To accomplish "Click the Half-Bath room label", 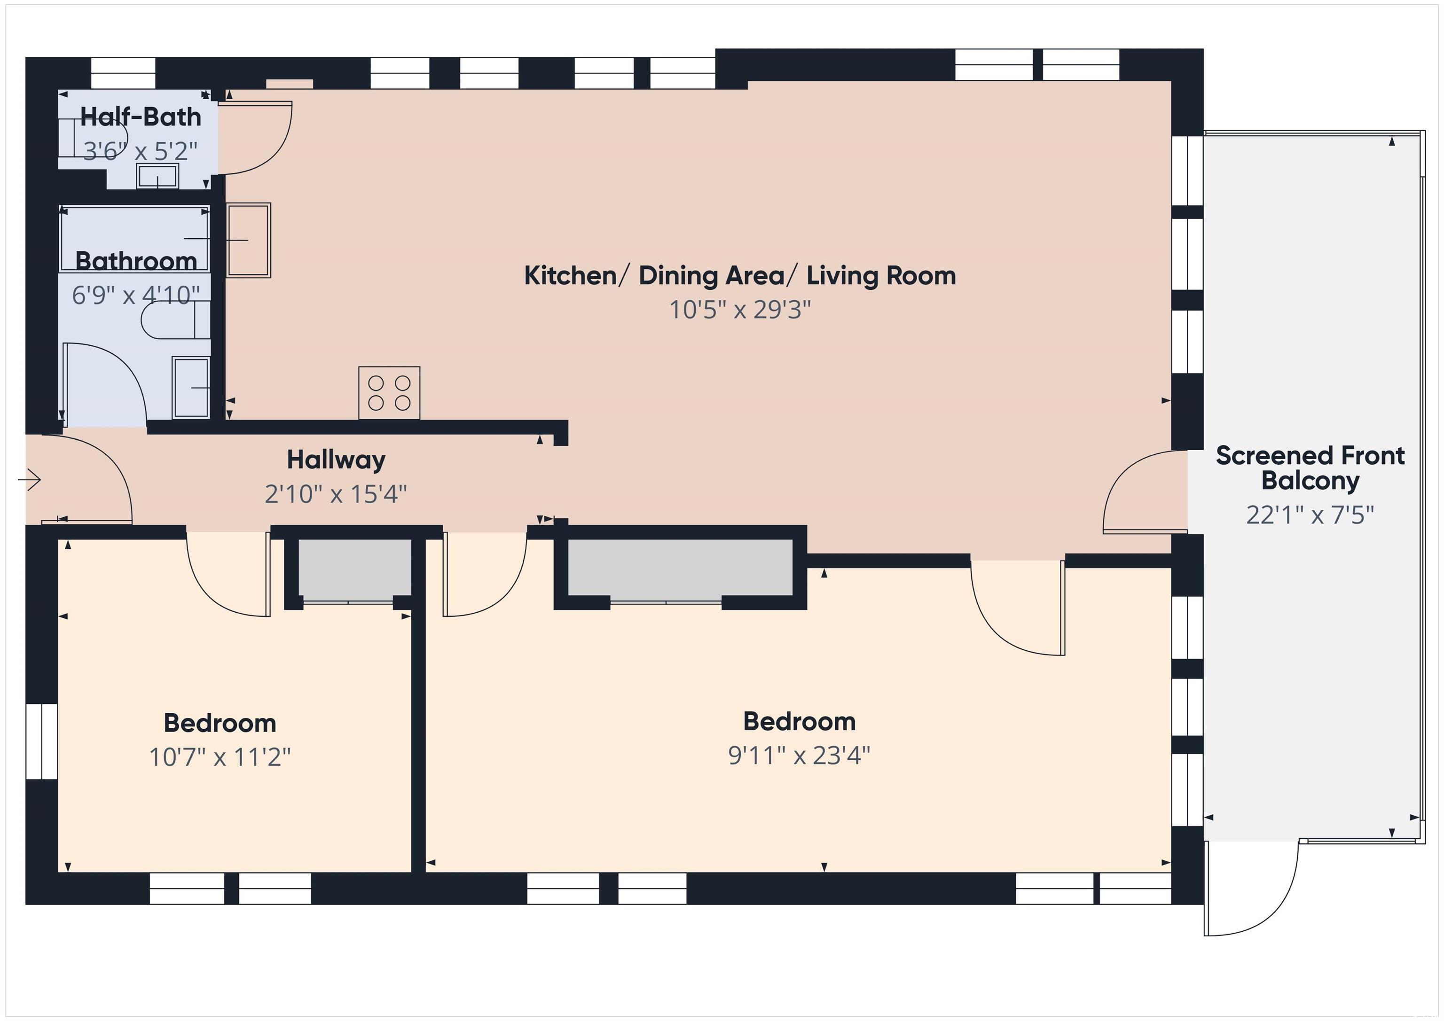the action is pyautogui.click(x=140, y=117).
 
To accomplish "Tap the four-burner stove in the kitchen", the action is pyautogui.click(x=389, y=393).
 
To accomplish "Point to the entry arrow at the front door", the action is pyautogui.click(x=30, y=480).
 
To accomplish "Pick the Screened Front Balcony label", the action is pyautogui.click(x=1310, y=468).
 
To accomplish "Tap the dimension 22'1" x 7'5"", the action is pyautogui.click(x=1310, y=515).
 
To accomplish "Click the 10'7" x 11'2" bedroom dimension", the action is pyautogui.click(x=220, y=757).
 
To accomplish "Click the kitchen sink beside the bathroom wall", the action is pyautogui.click(x=249, y=240).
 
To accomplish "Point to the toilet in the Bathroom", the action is pyautogui.click(x=175, y=320).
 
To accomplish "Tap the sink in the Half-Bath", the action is pyautogui.click(x=157, y=176).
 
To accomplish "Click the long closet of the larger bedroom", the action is pyautogui.click(x=681, y=567).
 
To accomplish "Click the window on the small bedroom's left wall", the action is pyautogui.click(x=41, y=742).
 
